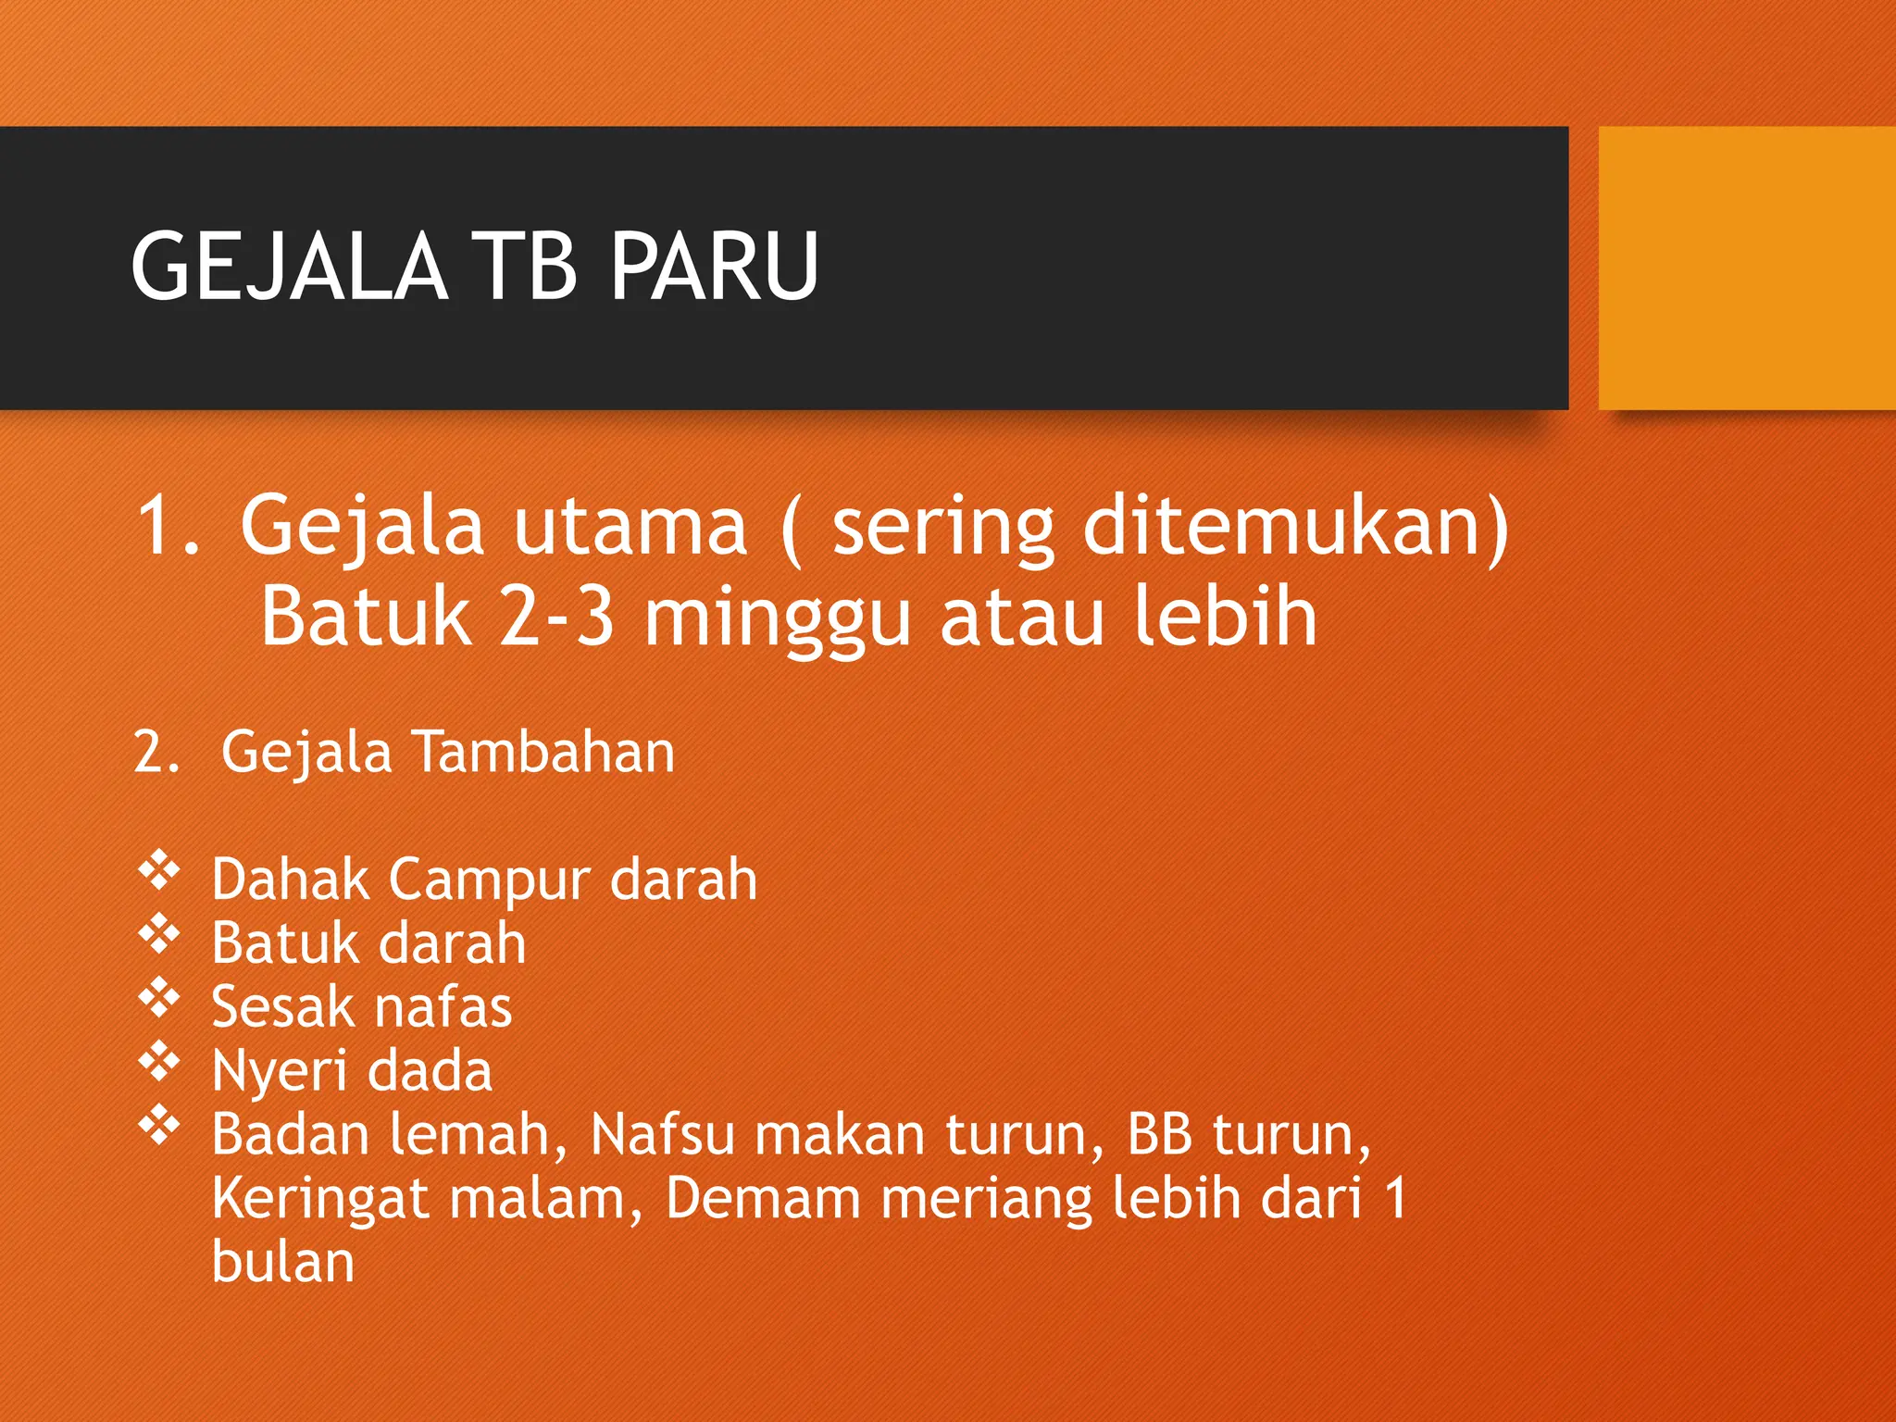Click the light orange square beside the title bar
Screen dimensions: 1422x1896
pos(1746,268)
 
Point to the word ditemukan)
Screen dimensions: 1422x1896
pos(1296,526)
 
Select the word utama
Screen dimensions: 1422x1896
pos(630,526)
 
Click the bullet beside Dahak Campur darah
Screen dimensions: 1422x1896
pos(159,871)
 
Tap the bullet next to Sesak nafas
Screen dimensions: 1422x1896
pos(159,998)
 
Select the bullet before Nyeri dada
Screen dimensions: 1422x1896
pos(159,1062)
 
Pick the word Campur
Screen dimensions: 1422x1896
pos(490,879)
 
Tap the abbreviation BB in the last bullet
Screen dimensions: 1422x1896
pos(1159,1134)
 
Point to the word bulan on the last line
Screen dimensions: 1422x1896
pos(283,1262)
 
